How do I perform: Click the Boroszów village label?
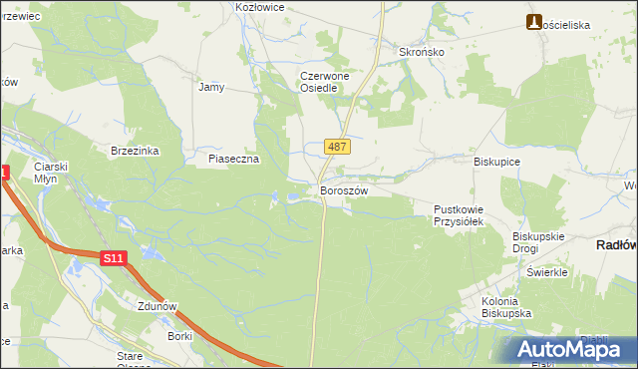point(344,190)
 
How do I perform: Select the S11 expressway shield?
point(114,258)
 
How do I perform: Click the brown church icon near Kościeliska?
point(534,22)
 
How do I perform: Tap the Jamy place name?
point(211,87)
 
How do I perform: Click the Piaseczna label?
point(233,159)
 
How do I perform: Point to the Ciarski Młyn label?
point(49,172)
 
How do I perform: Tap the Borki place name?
point(179,337)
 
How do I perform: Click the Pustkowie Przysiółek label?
point(458,215)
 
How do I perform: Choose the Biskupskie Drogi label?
point(539,242)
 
